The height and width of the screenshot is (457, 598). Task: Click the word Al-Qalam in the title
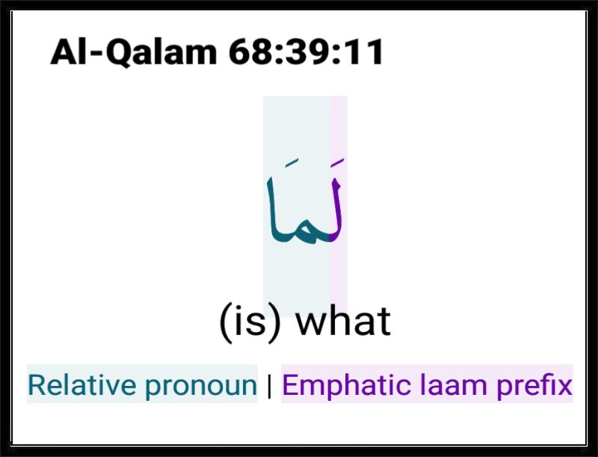[134, 52]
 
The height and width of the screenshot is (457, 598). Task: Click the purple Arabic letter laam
[336, 210]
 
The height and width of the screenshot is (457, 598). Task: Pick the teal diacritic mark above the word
[292, 163]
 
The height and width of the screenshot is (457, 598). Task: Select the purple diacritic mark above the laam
[338, 162]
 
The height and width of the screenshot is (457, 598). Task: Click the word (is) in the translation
[250, 322]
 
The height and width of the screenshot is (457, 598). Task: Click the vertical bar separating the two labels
[270, 386]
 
